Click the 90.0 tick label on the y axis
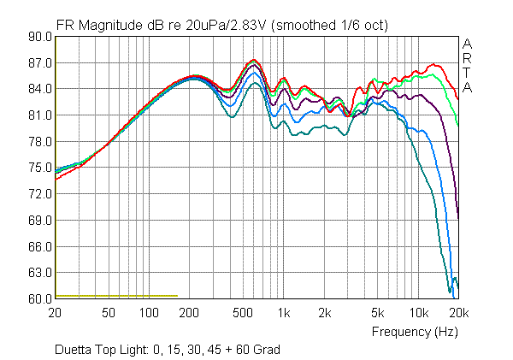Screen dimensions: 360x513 click(x=40, y=37)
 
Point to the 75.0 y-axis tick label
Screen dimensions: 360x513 click(x=40, y=168)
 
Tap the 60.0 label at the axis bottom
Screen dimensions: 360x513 click(x=40, y=299)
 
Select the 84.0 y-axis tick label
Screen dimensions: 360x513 click(x=40, y=89)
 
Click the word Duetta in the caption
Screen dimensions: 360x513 click(x=74, y=350)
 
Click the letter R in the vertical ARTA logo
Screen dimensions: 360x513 click(x=467, y=58)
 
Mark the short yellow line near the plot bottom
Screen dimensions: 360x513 click(x=116, y=296)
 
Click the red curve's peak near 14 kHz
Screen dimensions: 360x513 click(x=434, y=64)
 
